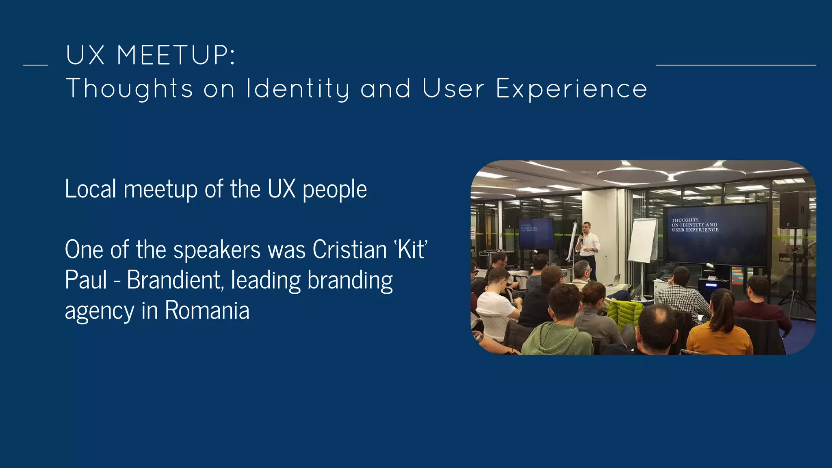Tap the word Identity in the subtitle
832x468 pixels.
point(298,89)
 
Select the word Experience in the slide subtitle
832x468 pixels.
point(571,89)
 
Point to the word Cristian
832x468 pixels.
point(349,249)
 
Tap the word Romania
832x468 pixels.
point(207,311)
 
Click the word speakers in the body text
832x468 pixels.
point(217,250)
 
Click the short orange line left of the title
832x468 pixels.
point(35,65)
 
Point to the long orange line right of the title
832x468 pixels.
point(735,65)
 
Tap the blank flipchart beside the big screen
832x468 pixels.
point(642,240)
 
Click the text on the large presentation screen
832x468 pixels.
point(695,225)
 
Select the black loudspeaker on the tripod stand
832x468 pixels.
point(794,210)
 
